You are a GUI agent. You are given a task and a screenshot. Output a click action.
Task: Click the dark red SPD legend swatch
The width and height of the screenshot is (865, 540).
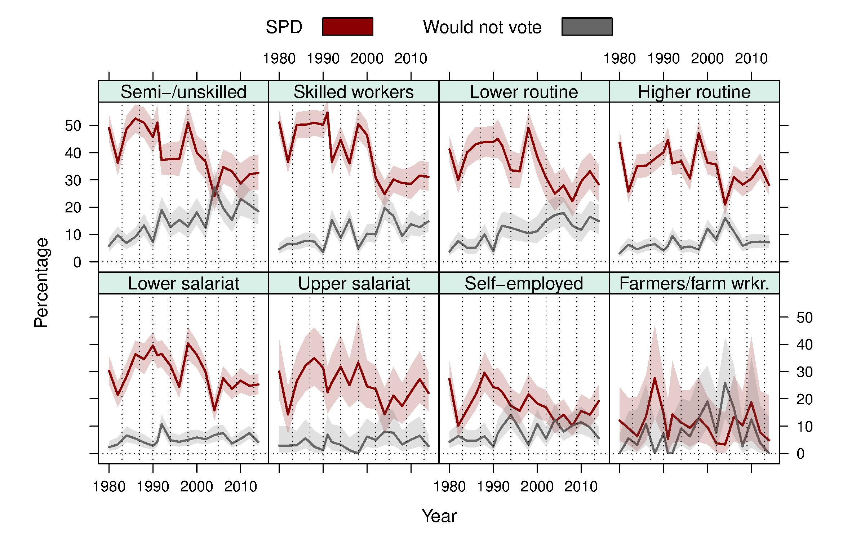347,27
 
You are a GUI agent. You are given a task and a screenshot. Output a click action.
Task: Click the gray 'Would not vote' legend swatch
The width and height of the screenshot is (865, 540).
587,27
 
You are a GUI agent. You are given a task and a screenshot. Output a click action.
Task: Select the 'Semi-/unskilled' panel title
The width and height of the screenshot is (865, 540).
183,92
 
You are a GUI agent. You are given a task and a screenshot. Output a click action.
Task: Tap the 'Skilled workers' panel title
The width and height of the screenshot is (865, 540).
354,92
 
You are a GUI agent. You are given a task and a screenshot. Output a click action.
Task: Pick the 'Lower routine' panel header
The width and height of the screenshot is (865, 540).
524,92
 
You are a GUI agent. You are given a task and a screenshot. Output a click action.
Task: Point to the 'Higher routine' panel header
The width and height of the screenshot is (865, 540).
694,92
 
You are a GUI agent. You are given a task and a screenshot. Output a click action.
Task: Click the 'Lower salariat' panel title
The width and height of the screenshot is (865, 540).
183,283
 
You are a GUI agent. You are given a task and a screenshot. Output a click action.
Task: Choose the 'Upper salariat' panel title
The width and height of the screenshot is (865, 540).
354,283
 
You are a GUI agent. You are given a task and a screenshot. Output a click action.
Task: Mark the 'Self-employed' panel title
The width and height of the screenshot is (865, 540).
524,283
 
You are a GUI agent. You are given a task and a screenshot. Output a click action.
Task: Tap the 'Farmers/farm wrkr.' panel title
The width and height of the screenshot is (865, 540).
694,283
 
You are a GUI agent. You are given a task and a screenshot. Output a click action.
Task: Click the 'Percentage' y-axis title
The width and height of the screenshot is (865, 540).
41,283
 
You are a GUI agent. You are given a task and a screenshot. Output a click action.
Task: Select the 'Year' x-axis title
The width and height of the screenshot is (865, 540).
439,516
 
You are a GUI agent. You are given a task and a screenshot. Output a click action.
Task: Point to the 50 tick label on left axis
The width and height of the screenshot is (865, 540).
73,126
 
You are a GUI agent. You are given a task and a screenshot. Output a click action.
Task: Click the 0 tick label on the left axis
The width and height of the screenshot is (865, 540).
77,262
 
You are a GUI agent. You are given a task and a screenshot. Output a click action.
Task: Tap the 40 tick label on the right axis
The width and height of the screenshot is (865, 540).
804,345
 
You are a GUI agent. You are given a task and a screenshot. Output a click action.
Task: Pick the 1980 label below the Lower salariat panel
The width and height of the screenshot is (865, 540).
109,487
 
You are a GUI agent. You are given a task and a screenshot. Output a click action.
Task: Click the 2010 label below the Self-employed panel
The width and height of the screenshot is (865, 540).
581,487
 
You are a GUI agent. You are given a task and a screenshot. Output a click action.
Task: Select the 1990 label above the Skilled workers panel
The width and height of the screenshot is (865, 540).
323,59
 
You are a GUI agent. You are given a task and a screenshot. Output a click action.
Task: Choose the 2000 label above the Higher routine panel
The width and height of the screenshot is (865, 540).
707,59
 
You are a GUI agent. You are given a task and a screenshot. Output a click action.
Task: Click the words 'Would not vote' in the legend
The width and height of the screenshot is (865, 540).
482,27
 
